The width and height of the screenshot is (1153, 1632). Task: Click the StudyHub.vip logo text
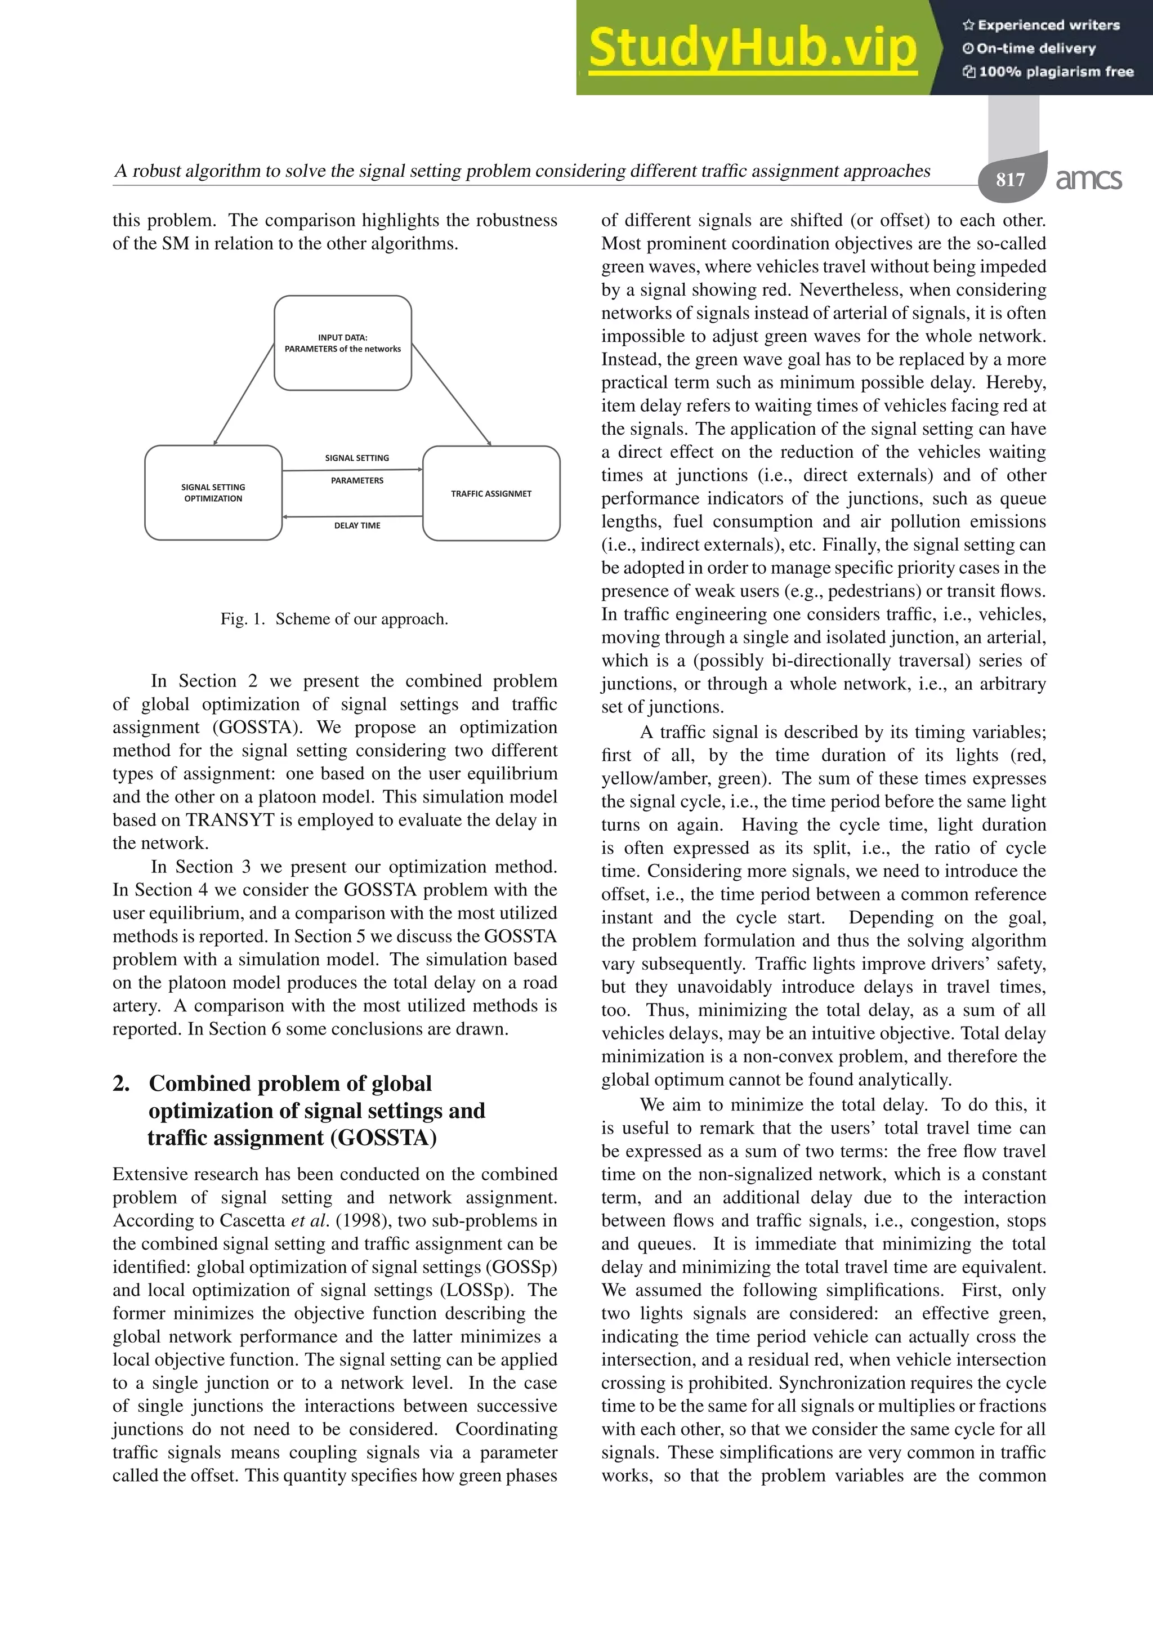coord(752,48)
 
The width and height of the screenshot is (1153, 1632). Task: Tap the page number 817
coord(1009,179)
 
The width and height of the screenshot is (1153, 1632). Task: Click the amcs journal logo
coord(1088,179)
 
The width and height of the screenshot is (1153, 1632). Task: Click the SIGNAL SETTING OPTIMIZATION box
coord(213,493)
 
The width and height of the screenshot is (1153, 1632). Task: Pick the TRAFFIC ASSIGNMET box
coord(491,493)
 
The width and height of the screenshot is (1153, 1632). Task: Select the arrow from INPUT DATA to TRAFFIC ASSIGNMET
coord(452,395)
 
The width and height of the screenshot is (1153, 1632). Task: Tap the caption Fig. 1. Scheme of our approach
coord(334,618)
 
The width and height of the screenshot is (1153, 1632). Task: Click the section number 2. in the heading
coord(122,1083)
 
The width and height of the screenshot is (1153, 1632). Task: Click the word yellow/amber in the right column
coord(654,778)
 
